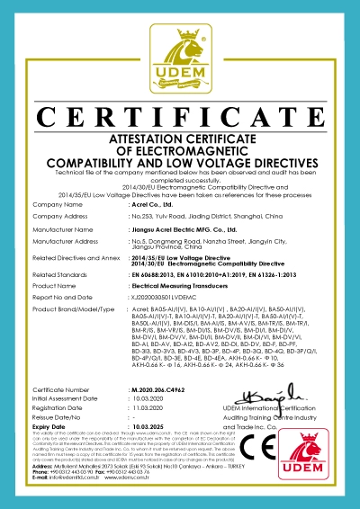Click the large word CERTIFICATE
tap(180, 116)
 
